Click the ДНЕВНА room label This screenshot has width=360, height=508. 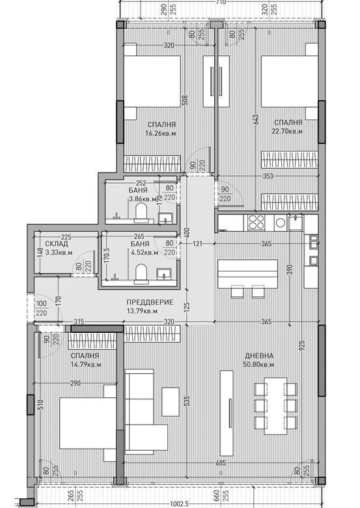pyautogui.click(x=259, y=356)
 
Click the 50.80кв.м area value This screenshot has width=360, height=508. pyautogui.click(x=259, y=365)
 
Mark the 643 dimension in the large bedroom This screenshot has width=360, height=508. pyautogui.click(x=256, y=119)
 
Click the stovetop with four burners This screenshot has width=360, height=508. pyautogui.click(x=255, y=223)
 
